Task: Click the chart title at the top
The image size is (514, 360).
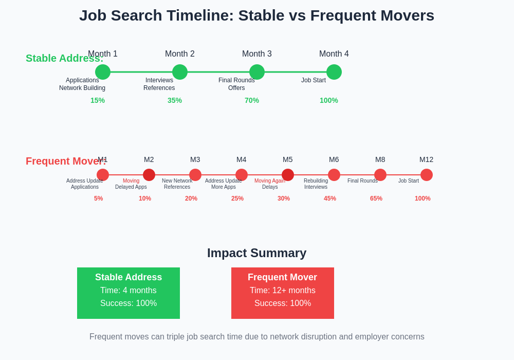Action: click(256, 15)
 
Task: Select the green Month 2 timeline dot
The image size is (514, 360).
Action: click(180, 72)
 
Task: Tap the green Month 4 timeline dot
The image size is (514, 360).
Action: click(334, 72)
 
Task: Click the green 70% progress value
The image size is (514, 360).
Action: click(252, 100)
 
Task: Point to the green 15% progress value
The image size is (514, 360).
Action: click(98, 100)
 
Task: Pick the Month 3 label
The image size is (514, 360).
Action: click(257, 54)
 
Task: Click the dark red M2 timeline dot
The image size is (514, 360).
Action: click(149, 175)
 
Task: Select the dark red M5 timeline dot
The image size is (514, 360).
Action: click(288, 175)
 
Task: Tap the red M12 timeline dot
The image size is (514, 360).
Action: click(427, 175)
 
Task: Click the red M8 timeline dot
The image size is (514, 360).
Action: click(380, 175)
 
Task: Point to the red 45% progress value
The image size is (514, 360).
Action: click(330, 199)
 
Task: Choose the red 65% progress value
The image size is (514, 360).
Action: click(376, 199)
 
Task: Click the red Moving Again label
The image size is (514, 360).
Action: click(270, 181)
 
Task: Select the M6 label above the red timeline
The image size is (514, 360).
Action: click(334, 159)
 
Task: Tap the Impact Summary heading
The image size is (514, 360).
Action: click(256, 253)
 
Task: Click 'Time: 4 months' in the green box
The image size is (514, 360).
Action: click(128, 291)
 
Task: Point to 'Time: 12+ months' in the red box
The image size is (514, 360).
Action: click(283, 291)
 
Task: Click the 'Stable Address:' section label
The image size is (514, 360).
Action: click(64, 58)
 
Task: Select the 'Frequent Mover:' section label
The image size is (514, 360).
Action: click(66, 161)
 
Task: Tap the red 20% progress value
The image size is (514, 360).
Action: click(191, 199)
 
